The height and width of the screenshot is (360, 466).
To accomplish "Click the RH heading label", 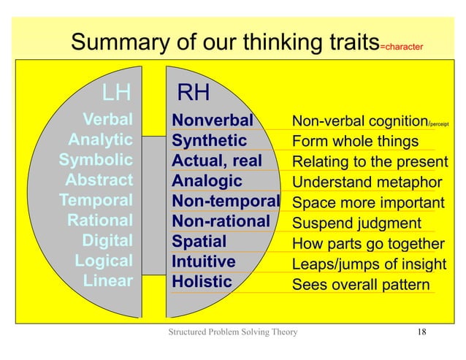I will (194, 93).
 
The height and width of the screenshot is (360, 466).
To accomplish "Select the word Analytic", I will (100, 139).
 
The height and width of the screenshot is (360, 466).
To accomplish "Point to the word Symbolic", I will (96, 160).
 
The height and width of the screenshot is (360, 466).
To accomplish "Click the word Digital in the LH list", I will (107, 241).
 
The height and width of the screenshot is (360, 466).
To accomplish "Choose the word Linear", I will (108, 281).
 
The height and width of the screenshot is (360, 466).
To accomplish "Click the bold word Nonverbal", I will (212, 120).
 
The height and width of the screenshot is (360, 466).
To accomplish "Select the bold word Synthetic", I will (209, 139).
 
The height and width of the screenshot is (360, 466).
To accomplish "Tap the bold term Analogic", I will (207, 180).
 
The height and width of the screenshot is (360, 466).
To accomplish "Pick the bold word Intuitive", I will (203, 261).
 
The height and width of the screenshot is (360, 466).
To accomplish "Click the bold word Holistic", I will (202, 281).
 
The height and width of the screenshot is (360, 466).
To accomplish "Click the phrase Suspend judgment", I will (356, 223).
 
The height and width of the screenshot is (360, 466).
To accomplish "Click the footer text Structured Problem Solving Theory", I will (233, 334).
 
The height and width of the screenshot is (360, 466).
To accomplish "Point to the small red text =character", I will (400, 48).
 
